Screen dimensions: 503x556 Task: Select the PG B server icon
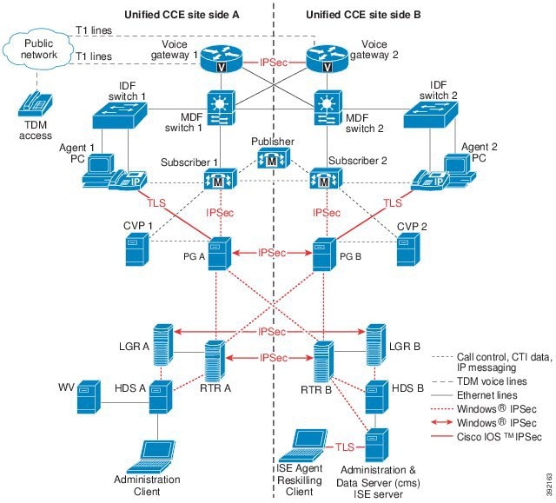(x=324, y=252)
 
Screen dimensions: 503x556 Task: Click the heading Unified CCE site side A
(x=179, y=15)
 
